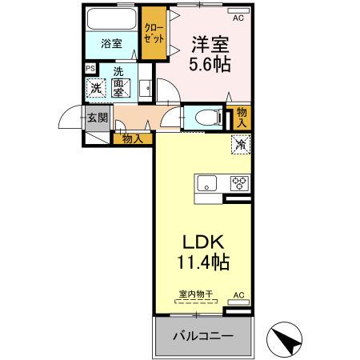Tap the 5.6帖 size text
210,66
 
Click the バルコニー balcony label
204,337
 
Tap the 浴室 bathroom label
112,44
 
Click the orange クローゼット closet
154,33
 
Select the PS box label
90,70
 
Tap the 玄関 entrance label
98,118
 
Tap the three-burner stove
239,183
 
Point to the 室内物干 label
196,295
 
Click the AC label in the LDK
238,295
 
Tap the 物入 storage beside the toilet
241,118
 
